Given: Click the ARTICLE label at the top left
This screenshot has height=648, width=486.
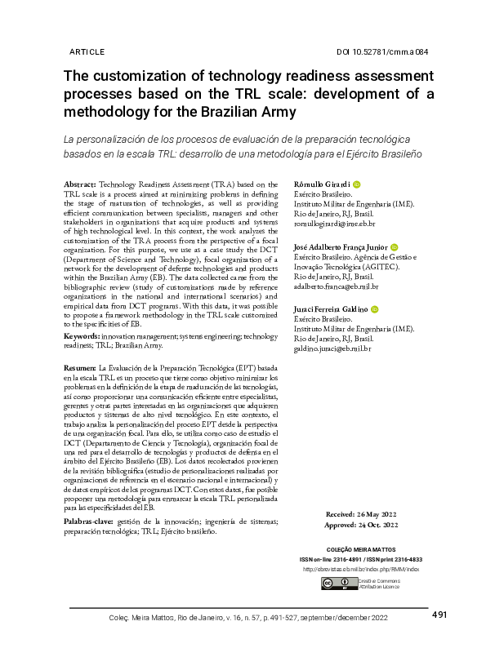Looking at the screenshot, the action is click(87, 51).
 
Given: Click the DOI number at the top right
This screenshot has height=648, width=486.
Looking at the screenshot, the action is click(382, 51).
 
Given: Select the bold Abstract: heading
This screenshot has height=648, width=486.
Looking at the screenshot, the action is click(80, 186).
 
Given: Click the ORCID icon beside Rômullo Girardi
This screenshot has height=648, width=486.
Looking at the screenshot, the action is click(357, 185).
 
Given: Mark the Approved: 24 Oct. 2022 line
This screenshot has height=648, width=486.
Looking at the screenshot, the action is click(362, 527).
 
